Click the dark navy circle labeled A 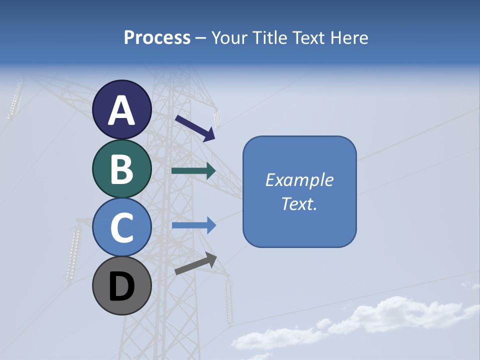(122, 109)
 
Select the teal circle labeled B (122, 168)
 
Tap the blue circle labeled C (122, 227)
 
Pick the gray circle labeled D (122, 286)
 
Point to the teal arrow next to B (193, 171)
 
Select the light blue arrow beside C (193, 225)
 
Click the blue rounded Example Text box (299, 191)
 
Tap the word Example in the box (299, 180)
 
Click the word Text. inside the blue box (299, 203)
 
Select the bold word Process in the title (157, 37)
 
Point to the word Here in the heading (349, 37)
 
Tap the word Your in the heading (228, 37)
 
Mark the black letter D (122, 287)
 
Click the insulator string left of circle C (74, 253)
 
